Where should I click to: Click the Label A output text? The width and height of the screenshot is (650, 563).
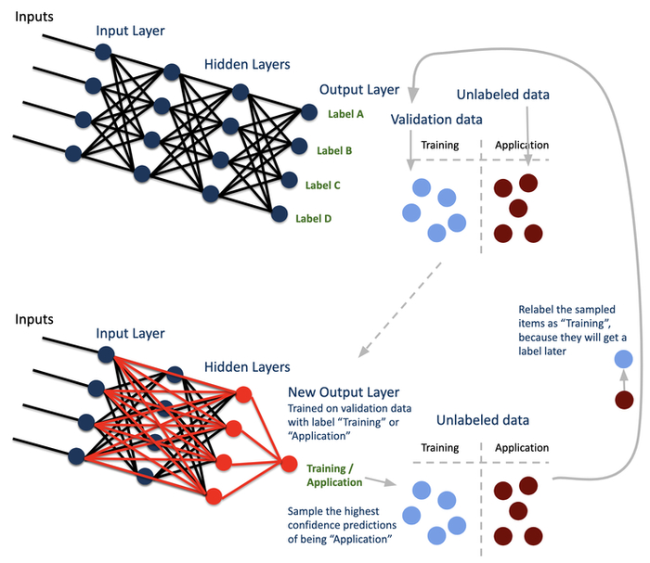[345, 115]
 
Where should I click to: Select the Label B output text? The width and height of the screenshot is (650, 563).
[334, 149]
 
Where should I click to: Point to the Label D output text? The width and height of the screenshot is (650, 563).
[314, 219]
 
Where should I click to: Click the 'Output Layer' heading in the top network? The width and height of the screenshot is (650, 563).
[359, 90]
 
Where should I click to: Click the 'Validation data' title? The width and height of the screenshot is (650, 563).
[437, 119]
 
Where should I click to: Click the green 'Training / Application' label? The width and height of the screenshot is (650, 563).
[335, 476]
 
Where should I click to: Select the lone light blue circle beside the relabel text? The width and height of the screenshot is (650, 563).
[624, 359]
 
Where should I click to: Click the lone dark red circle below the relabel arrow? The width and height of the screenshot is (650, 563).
[624, 401]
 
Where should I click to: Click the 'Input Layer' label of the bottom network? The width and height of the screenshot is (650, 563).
[130, 334]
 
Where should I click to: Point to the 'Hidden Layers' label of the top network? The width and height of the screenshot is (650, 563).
[246, 66]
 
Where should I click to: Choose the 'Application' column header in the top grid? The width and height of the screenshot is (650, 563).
[522, 146]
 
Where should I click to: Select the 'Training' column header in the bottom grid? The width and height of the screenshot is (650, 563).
[439, 448]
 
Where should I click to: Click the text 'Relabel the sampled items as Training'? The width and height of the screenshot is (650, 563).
[566, 328]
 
